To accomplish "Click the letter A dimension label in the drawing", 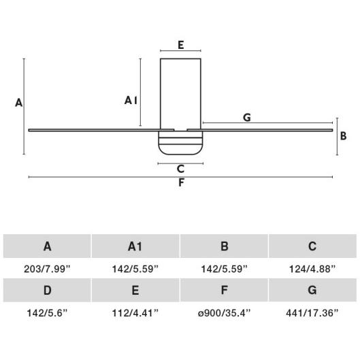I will point(18,103).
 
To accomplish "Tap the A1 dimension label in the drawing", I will point(131,100).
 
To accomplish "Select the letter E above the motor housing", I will point(180,45).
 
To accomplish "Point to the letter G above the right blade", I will point(246,118).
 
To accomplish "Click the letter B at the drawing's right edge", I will point(344,136).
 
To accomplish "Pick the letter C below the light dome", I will point(180,169).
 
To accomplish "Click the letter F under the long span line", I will point(181,183).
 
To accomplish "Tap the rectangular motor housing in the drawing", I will point(180,92).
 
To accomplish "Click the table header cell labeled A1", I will point(135,246).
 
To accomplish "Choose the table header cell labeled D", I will point(47,291).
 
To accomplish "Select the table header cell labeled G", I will point(312,291).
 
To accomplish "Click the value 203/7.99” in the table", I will point(47,269).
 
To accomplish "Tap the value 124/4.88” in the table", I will point(312,269).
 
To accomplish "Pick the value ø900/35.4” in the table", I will point(224,312).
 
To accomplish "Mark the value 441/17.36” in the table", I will point(312,312).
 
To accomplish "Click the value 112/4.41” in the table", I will point(135,312).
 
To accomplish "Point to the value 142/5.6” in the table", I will point(47,312).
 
